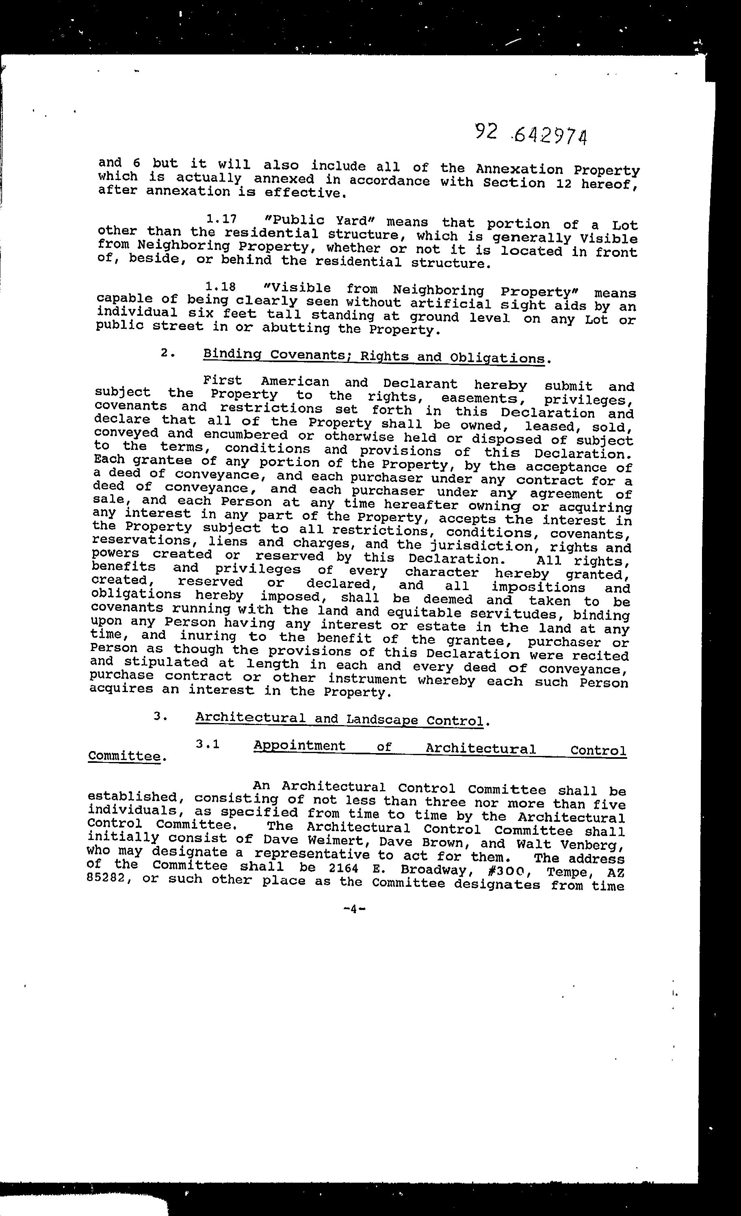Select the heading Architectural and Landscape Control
click(x=339, y=719)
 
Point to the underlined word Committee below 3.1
click(x=124, y=756)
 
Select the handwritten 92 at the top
click(x=485, y=132)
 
